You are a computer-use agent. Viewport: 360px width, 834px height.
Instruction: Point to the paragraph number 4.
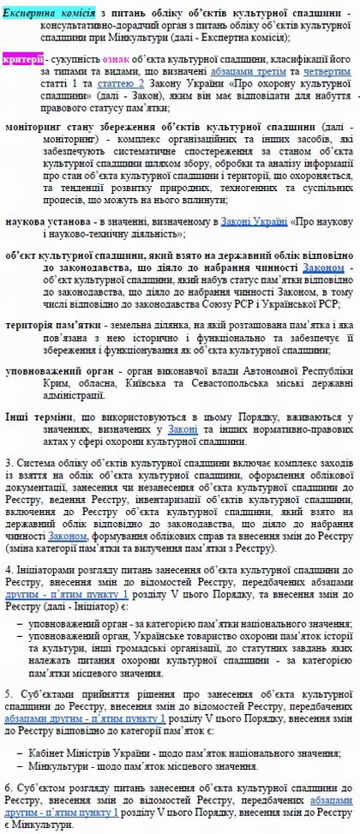[8, 568]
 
